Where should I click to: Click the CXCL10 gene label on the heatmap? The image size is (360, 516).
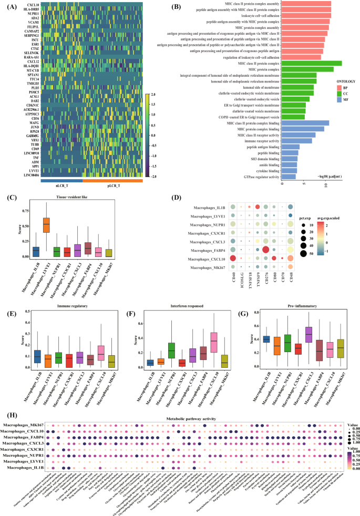pos(32,5)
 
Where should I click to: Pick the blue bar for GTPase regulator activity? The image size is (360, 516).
pos(289,177)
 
